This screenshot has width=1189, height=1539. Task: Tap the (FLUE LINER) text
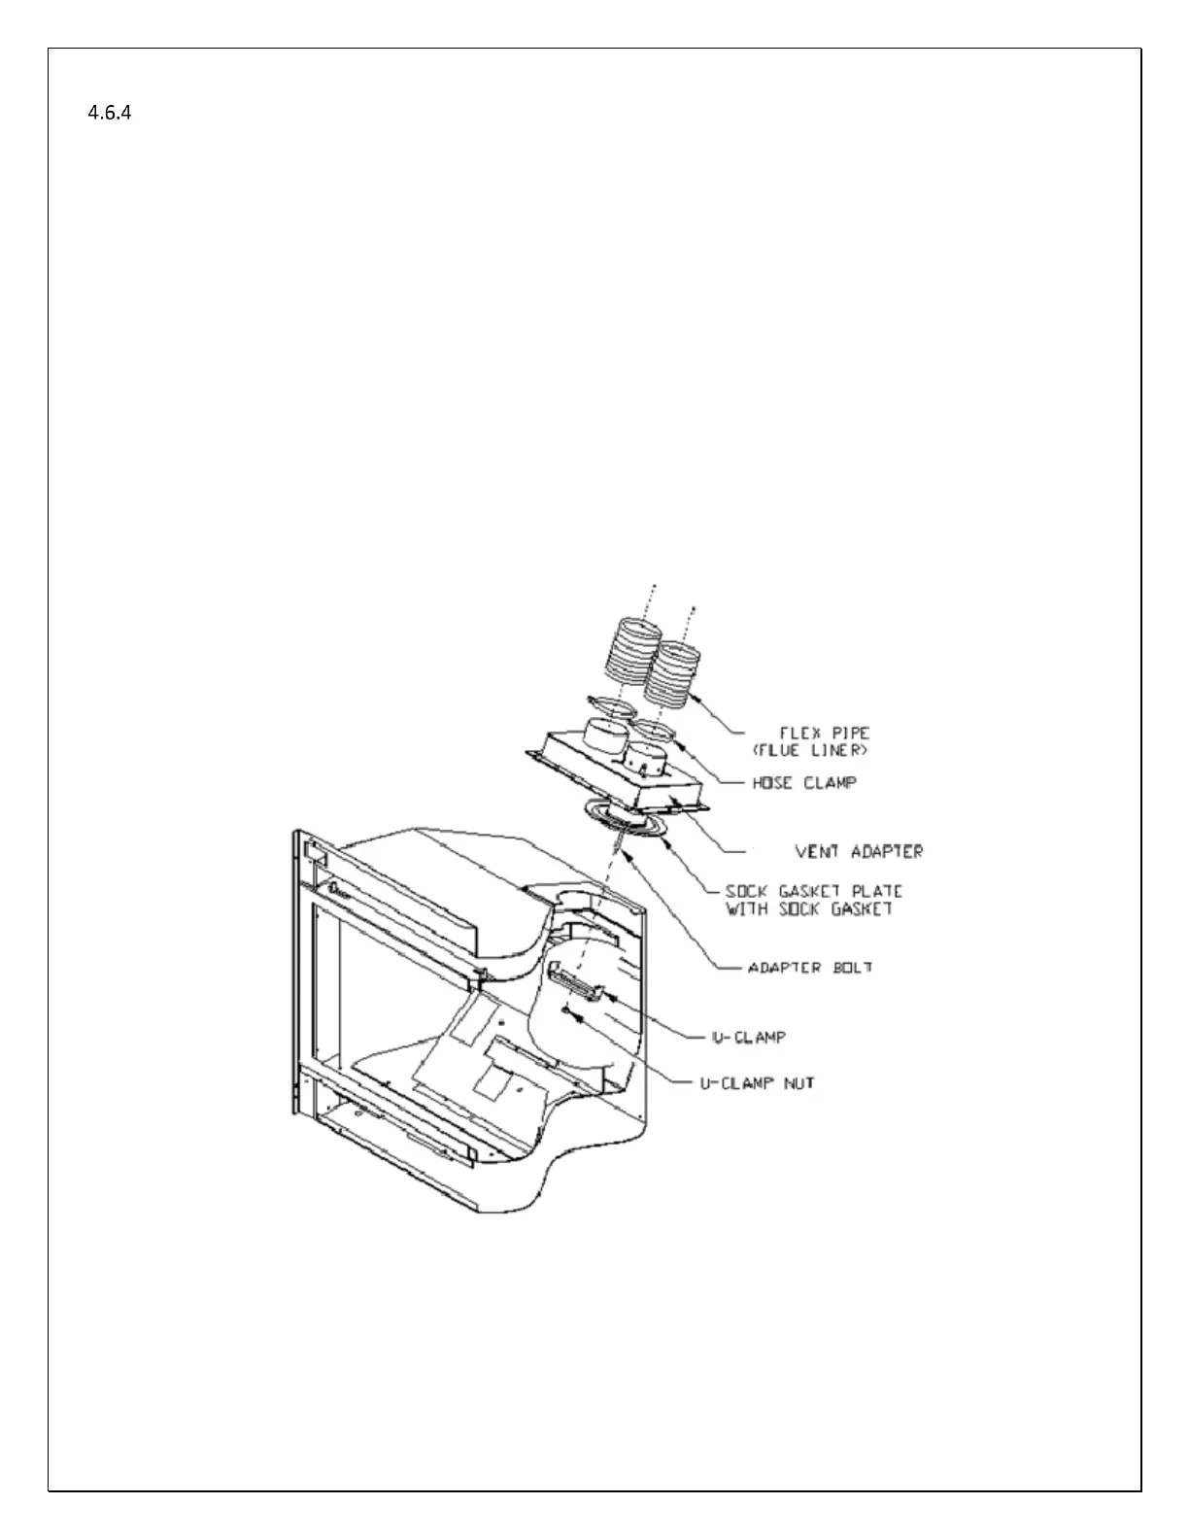pyautogui.click(x=811, y=751)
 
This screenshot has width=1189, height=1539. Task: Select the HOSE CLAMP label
pyautogui.click(x=805, y=782)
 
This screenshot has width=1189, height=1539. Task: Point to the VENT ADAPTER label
pyautogui.click(x=859, y=851)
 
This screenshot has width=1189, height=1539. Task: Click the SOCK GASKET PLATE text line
pyautogui.click(x=814, y=891)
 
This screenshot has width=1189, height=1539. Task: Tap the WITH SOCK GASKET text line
pyautogui.click(x=808, y=909)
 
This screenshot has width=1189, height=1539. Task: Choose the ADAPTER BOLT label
pyautogui.click(x=809, y=968)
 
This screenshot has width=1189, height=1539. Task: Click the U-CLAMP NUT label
pyautogui.click(x=757, y=1082)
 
